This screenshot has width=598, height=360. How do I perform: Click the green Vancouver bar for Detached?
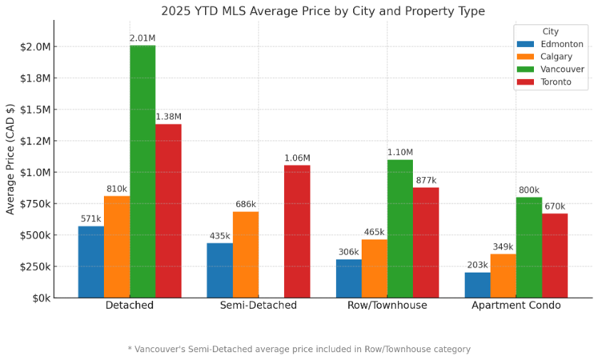142,171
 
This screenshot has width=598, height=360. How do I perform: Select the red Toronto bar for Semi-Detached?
297,231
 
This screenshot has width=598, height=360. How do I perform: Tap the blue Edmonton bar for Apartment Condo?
478,285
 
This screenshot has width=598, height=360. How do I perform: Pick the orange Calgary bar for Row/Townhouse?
374,268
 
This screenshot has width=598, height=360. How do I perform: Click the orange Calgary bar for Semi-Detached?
246,254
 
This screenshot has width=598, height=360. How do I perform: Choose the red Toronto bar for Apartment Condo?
555,255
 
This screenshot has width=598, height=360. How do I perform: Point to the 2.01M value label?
142,38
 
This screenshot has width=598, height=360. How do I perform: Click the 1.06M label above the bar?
297,158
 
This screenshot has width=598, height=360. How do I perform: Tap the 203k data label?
478,265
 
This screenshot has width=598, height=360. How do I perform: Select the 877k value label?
426,180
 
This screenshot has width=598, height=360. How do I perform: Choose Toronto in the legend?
556,82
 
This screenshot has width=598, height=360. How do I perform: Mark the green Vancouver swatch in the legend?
525,70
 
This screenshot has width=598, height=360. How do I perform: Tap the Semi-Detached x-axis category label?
258,305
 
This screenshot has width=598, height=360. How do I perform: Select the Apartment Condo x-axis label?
516,305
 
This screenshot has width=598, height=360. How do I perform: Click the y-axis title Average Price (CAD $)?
10,159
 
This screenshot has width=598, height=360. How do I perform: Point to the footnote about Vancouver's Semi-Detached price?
299,349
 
